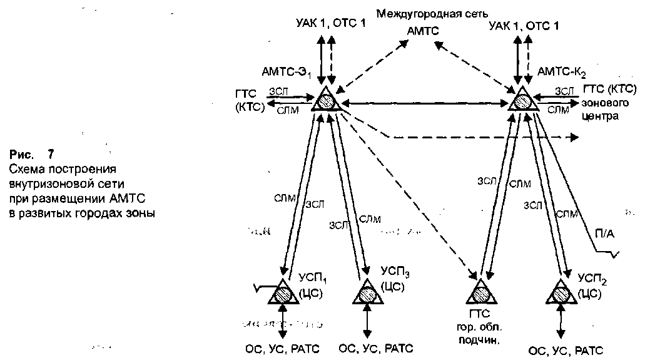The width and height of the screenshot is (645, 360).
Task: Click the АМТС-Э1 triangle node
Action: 327,100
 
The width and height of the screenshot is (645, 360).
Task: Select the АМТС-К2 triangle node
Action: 522,100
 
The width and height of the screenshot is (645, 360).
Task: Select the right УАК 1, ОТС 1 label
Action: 524,26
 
